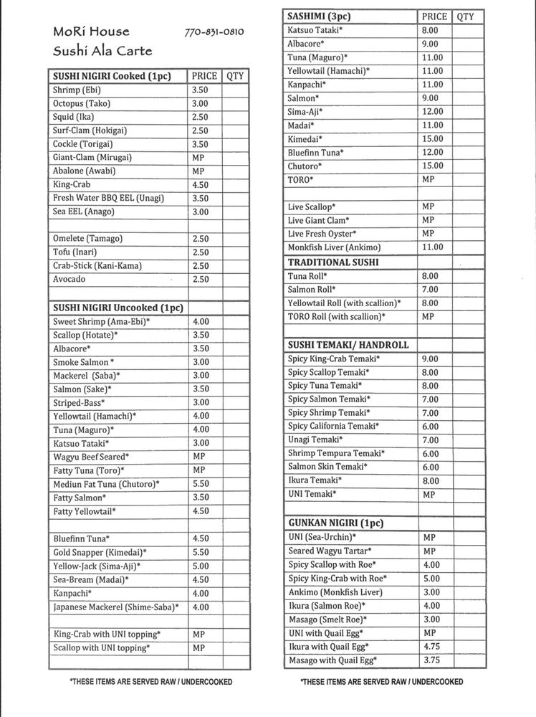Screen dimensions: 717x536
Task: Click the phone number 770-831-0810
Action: [x=214, y=32]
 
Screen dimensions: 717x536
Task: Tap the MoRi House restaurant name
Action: [x=91, y=32]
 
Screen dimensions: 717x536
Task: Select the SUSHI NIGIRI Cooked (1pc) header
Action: [x=111, y=76]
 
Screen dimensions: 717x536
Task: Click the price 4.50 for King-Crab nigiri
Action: [x=201, y=184]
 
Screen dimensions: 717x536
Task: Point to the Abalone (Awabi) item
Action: [x=84, y=171]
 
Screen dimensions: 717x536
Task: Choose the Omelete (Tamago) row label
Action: [x=87, y=238]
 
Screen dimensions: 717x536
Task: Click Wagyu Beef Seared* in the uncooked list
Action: [x=91, y=456]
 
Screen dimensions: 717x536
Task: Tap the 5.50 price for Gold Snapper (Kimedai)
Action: [x=201, y=552]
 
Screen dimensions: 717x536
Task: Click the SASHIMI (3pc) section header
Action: [x=318, y=16]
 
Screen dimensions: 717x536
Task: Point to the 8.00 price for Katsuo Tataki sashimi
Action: [x=430, y=30]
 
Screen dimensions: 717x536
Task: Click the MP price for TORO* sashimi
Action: [x=428, y=179]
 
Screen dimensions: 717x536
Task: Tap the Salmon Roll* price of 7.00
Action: [x=430, y=289]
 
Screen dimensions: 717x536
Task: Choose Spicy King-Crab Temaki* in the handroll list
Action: [x=334, y=358]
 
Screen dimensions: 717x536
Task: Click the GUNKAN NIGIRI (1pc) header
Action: [x=335, y=523]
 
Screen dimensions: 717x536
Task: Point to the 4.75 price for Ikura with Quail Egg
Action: [x=431, y=647]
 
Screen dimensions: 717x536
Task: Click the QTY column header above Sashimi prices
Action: [x=465, y=16]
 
